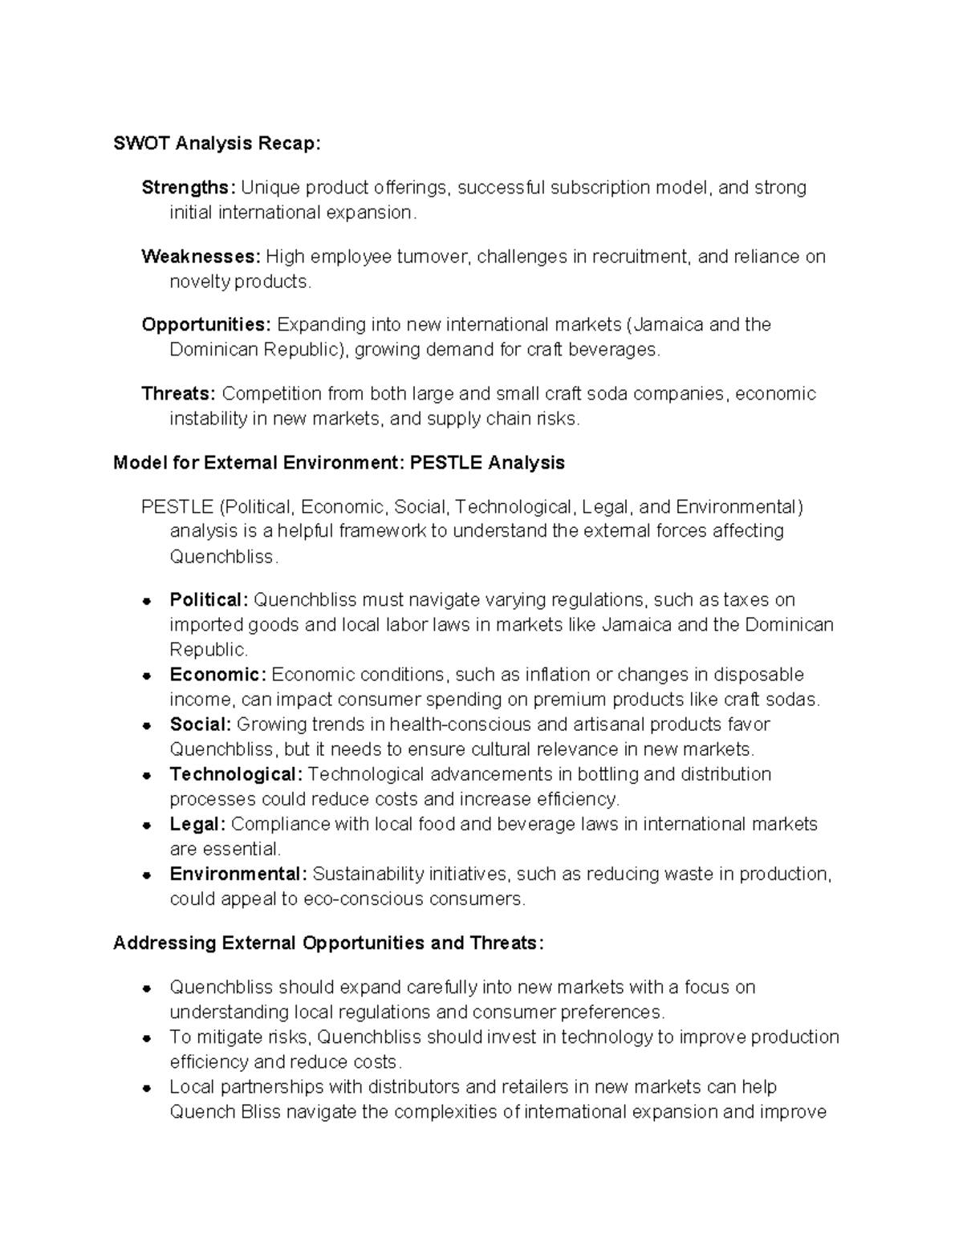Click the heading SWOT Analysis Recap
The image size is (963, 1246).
click(x=217, y=144)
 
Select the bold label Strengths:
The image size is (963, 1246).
click(x=189, y=188)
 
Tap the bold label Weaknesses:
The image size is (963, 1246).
click(x=201, y=257)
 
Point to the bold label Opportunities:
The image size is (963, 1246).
click(x=206, y=325)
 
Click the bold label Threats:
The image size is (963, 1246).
click(x=178, y=394)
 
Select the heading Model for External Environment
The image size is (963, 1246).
click(x=339, y=463)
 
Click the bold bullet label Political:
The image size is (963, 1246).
click(x=209, y=600)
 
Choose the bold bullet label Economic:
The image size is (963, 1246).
click(x=217, y=675)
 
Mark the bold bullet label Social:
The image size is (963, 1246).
click(x=201, y=724)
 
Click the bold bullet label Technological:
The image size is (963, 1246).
click(x=236, y=774)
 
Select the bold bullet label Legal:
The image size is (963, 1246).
click(x=197, y=824)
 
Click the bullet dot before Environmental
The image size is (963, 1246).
click(x=147, y=875)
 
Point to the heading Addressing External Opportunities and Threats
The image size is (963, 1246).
click(x=328, y=943)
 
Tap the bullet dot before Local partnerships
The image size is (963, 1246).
click(x=147, y=1089)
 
